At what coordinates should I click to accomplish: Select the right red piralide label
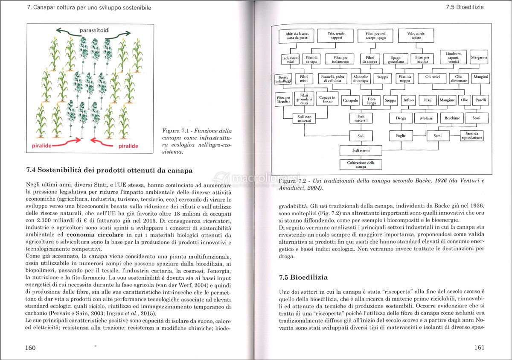126,146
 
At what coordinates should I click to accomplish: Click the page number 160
30,348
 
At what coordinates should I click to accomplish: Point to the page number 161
479,348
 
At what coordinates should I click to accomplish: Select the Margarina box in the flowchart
479,57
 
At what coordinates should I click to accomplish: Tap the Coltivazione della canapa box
361,164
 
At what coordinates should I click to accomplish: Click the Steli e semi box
361,150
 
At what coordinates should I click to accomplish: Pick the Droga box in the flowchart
401,118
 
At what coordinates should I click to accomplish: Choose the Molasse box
426,118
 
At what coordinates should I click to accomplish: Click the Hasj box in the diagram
428,100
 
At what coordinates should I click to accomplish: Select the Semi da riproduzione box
471,136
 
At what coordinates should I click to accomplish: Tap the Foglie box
401,136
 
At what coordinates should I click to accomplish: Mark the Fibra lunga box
371,101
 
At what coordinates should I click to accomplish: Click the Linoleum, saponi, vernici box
453,57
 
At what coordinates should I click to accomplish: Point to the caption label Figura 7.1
176,131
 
